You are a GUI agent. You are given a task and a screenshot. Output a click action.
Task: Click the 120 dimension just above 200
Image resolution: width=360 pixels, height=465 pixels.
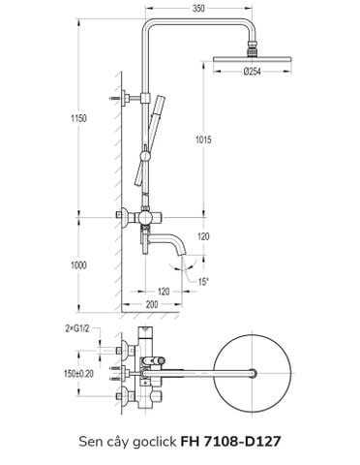[165, 291]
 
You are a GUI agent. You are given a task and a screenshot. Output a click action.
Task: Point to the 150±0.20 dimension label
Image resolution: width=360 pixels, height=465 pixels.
[79, 370]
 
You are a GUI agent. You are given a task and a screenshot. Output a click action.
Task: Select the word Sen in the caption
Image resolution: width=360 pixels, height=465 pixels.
[92, 442]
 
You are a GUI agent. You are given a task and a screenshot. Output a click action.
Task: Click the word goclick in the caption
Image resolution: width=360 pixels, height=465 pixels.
[151, 442]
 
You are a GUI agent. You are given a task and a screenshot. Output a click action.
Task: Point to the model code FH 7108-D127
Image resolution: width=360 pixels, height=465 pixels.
[229, 442]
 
